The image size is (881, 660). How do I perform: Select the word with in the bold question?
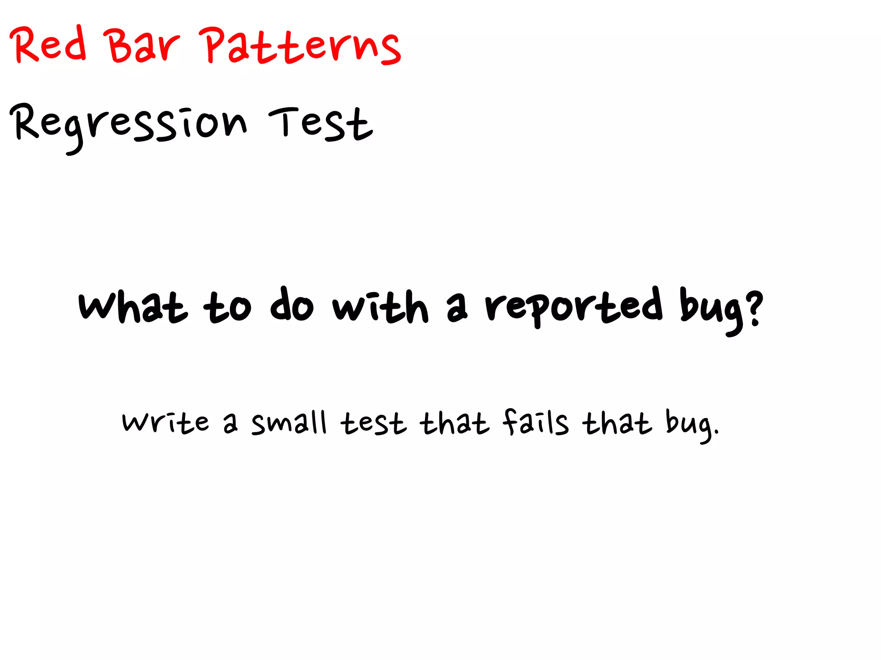[381, 306]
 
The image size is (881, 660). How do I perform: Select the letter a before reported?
[456, 310]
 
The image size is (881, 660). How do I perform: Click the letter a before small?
[230, 424]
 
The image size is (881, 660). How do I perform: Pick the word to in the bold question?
[227, 307]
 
